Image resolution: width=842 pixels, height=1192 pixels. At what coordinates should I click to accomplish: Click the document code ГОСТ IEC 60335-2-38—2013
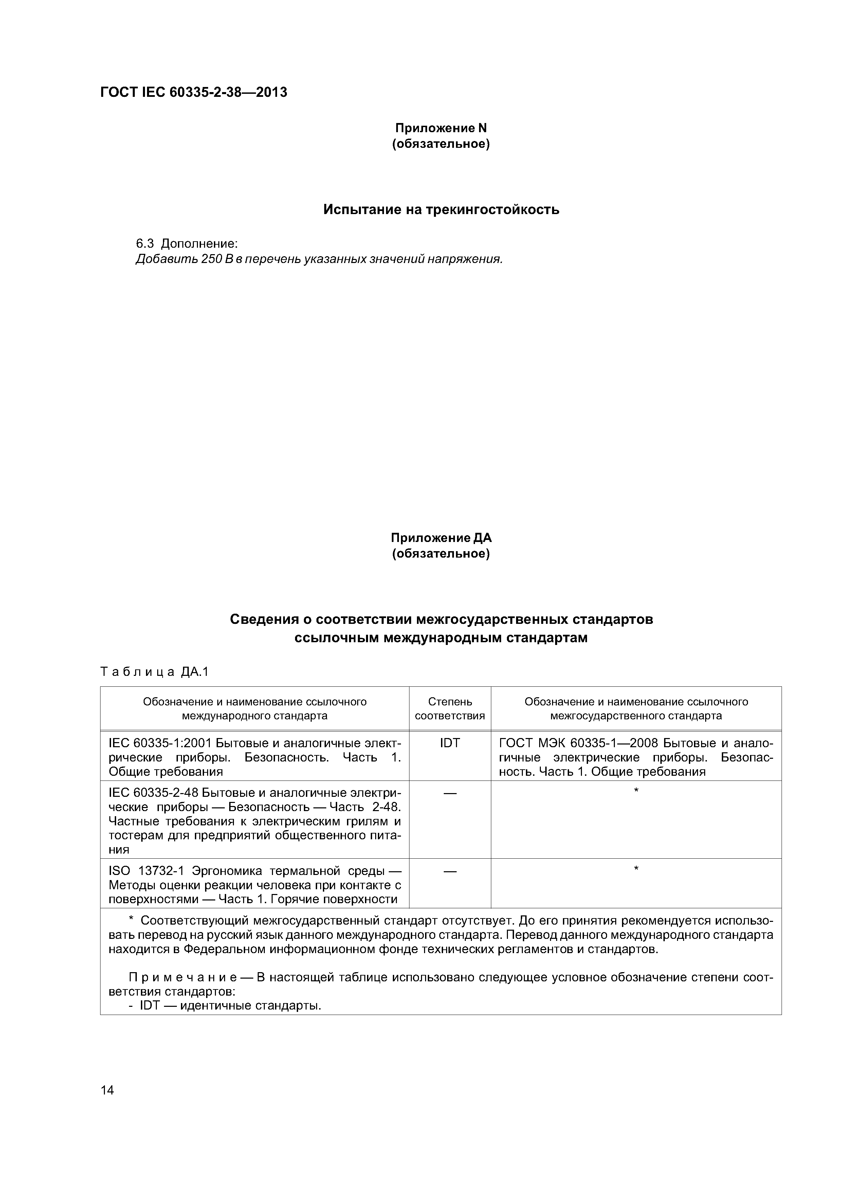[194, 92]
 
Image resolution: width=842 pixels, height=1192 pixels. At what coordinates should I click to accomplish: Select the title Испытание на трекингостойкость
[441, 210]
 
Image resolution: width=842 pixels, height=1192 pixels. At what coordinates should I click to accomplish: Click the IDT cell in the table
[450, 743]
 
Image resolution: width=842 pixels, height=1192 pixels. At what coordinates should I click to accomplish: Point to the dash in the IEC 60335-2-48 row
[450, 793]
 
